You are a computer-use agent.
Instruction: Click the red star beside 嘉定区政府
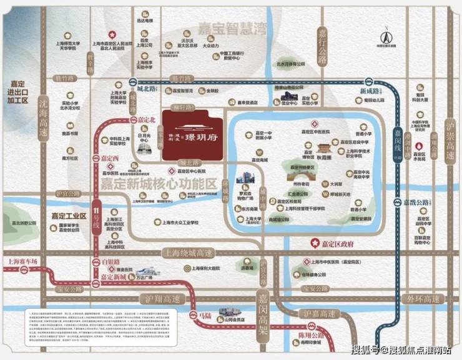point(314,242)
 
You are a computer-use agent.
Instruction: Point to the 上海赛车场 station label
point(21,261)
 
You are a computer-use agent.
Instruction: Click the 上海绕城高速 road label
point(187,253)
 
